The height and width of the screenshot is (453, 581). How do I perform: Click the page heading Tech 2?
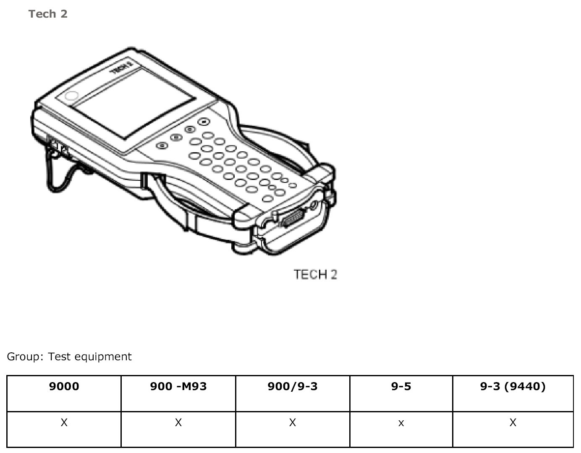pos(48,14)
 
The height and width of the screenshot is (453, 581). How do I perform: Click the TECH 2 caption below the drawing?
pos(315,275)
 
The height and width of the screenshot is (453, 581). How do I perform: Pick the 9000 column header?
pos(64,386)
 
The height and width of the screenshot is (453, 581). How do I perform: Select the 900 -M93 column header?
pos(178,386)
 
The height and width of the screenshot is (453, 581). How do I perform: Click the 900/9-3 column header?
pos(293,386)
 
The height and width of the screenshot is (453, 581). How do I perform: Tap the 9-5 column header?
pos(401,386)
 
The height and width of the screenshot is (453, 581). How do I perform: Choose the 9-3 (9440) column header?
pos(513,386)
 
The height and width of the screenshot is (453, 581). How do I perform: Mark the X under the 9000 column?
pos(64,423)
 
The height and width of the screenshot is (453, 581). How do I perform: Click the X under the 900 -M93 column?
pos(178,423)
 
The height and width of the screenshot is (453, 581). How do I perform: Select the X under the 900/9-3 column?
pos(293,423)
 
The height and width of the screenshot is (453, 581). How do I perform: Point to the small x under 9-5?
pos(401,424)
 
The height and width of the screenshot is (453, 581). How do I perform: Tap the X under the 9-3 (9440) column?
pos(513,423)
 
